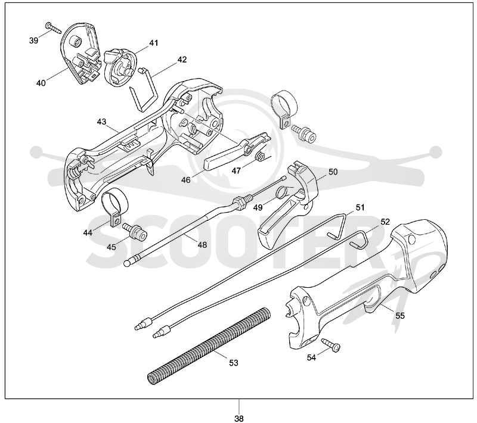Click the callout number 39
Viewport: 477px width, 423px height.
(34, 40)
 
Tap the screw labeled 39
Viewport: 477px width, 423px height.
(53, 27)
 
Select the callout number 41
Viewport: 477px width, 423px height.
(154, 43)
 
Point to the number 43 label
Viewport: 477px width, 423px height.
(101, 122)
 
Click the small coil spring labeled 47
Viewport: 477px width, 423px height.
(259, 156)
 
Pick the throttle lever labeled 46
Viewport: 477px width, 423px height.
(236, 151)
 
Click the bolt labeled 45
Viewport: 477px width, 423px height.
(135, 231)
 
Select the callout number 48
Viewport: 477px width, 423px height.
(202, 245)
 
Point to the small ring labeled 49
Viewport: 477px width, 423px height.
(283, 191)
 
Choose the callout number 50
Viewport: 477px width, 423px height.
(333, 172)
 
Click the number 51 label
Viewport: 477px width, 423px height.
(360, 207)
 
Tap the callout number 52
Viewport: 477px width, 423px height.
(385, 222)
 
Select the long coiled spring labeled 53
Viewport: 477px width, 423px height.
(209, 346)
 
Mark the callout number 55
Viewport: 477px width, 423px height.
(400, 316)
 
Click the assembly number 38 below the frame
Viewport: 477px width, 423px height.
(239, 419)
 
